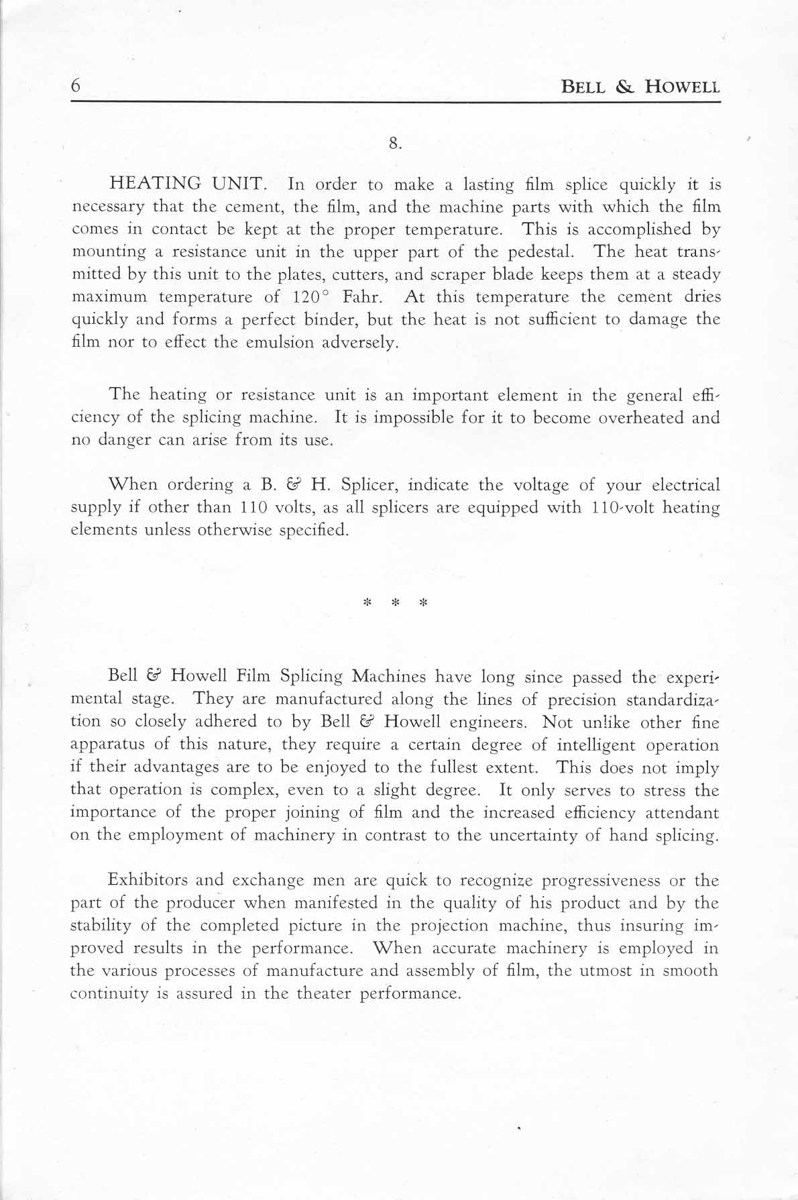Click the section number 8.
[x=395, y=143]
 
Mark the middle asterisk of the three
[x=395, y=602]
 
